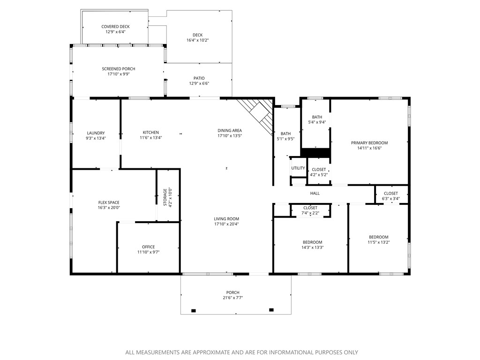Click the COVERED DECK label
pos(115,27)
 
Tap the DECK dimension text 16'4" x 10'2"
pos(197,40)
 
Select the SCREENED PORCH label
pos(119,69)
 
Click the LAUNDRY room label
pos(96,133)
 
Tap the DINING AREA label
pos(229,130)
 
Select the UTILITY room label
pos(298,168)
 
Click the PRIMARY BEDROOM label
pos(369,143)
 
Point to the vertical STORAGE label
pos(165,197)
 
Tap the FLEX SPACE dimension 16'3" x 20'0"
pos(109,208)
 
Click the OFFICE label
pos(148,247)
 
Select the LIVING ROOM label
pos(226,219)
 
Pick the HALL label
pos(315,193)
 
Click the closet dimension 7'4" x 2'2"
pos(310,213)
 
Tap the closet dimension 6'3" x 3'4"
pos(391,198)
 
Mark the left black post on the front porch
pos(194,310)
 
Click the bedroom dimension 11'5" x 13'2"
pos(378,242)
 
